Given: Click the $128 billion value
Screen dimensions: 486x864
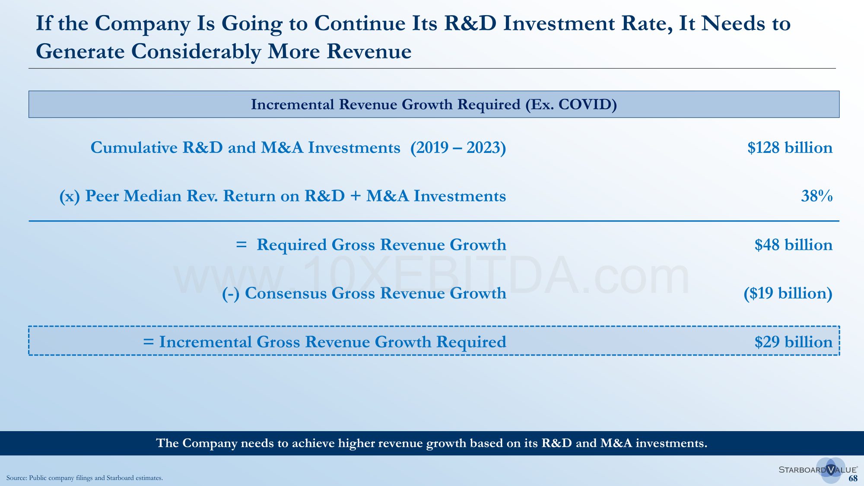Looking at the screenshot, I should [790, 148].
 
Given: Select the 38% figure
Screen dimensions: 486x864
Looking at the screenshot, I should [816, 196].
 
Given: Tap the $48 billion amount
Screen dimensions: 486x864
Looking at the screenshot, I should [793, 245].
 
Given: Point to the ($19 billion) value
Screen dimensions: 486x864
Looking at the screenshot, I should [788, 293].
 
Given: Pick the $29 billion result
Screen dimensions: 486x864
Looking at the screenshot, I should [793, 342].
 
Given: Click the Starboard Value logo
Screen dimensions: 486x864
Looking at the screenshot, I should [818, 470].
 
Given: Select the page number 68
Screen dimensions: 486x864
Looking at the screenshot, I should [853, 478].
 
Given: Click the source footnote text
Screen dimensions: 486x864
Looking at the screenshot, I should [85, 478].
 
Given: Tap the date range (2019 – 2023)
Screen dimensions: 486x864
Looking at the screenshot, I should [458, 148].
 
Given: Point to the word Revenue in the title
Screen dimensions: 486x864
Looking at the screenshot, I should [369, 51].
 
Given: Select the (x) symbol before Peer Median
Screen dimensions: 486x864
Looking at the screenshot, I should [70, 197].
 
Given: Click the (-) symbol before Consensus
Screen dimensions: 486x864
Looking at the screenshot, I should [231, 294].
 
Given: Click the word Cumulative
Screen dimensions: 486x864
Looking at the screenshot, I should [134, 148].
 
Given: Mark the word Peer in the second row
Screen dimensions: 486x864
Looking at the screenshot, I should [102, 196].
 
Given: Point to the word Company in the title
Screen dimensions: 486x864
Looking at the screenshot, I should [143, 24].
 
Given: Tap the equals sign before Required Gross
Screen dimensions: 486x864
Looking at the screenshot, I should [241, 245].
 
